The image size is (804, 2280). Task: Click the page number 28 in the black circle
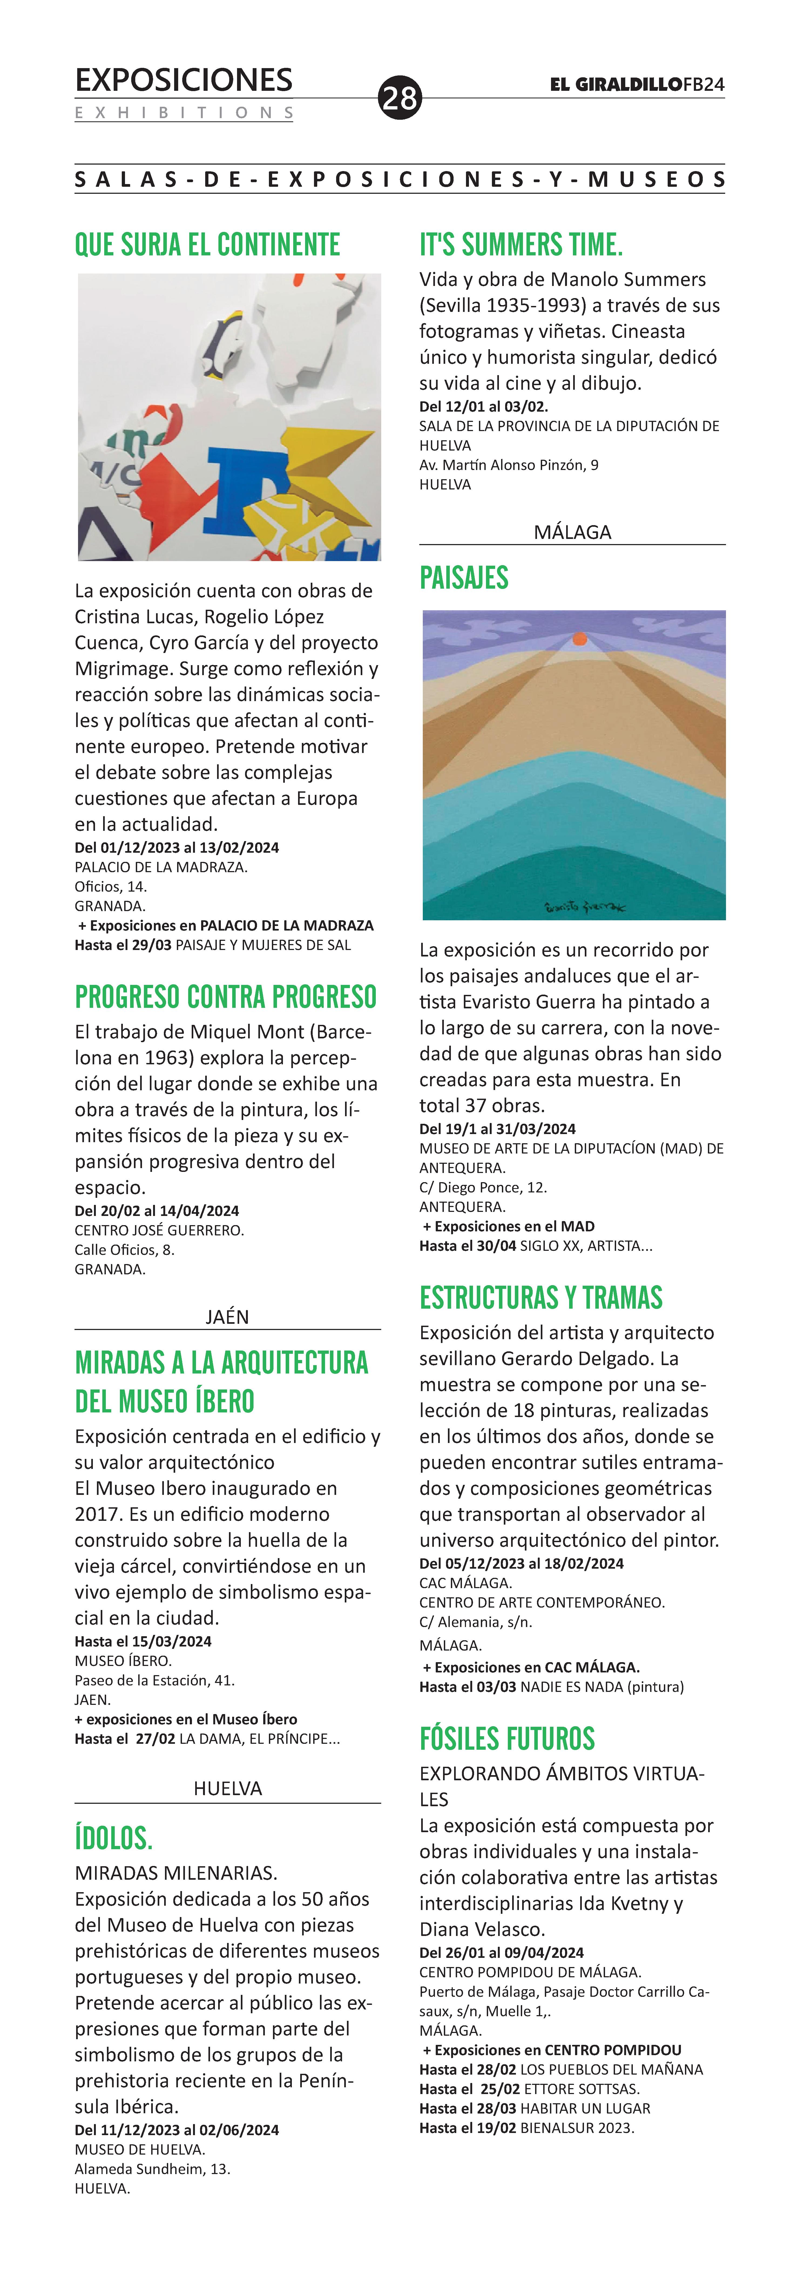click(x=400, y=97)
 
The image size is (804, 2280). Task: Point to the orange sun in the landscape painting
click(x=579, y=638)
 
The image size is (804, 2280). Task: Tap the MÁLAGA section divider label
click(x=572, y=532)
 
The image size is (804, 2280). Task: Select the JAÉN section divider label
click(x=227, y=1316)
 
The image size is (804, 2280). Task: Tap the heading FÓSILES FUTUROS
click(x=507, y=1738)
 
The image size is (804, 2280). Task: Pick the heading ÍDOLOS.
click(x=113, y=1838)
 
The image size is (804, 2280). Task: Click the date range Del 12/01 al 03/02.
click(x=483, y=406)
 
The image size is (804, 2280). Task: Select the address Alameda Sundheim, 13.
click(x=152, y=2168)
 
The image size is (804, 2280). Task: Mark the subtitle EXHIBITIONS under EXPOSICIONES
click(x=184, y=112)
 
